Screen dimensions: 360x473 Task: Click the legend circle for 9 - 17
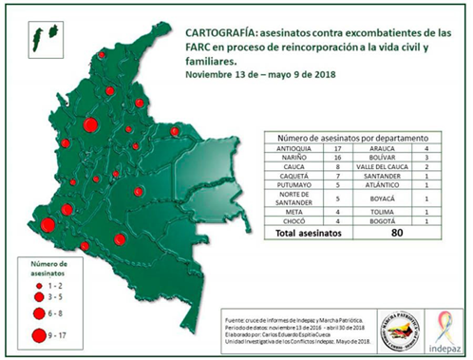tap(40, 334)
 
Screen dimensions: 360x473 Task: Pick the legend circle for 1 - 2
tap(40, 283)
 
